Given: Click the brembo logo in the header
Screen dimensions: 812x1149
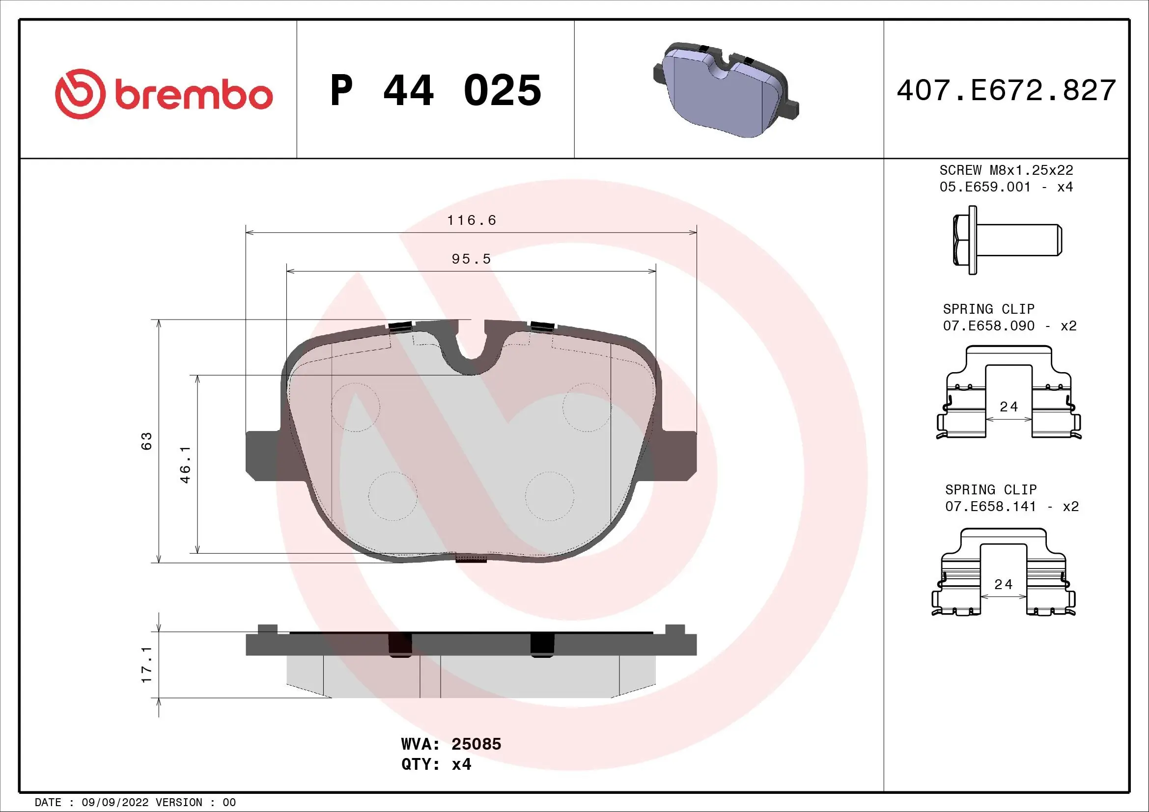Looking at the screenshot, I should (x=164, y=94).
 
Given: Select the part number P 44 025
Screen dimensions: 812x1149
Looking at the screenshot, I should (x=435, y=90).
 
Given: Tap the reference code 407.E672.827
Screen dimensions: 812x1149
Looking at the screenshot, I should (x=1006, y=90).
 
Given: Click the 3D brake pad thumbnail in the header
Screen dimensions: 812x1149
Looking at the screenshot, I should (x=726, y=90).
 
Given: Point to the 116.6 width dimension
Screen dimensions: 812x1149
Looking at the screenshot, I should (x=471, y=220).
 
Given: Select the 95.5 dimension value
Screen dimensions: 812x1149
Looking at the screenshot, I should (x=471, y=259).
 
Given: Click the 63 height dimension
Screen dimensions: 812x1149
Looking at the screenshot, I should (x=146, y=441).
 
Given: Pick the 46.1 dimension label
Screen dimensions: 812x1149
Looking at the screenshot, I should (x=185, y=464).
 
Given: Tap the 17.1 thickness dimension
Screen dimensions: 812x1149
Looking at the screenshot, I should (x=146, y=665).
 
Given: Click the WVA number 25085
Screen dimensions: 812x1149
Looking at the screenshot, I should (x=476, y=744).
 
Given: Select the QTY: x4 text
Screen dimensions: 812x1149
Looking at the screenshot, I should (x=436, y=764).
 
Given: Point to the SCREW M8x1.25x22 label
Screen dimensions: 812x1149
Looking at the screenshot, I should (x=1006, y=170).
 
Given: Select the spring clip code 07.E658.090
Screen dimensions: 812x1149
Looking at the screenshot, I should (x=988, y=326).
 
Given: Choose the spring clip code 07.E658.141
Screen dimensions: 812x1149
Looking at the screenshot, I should (x=990, y=507).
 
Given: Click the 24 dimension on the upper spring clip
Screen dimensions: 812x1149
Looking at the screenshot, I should (x=1009, y=407).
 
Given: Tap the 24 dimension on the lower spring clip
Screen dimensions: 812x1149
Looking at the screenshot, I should (x=1003, y=585).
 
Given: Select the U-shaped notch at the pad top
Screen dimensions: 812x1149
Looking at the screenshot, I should (x=471, y=350).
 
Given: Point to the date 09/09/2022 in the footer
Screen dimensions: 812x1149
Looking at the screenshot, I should (x=114, y=803).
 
